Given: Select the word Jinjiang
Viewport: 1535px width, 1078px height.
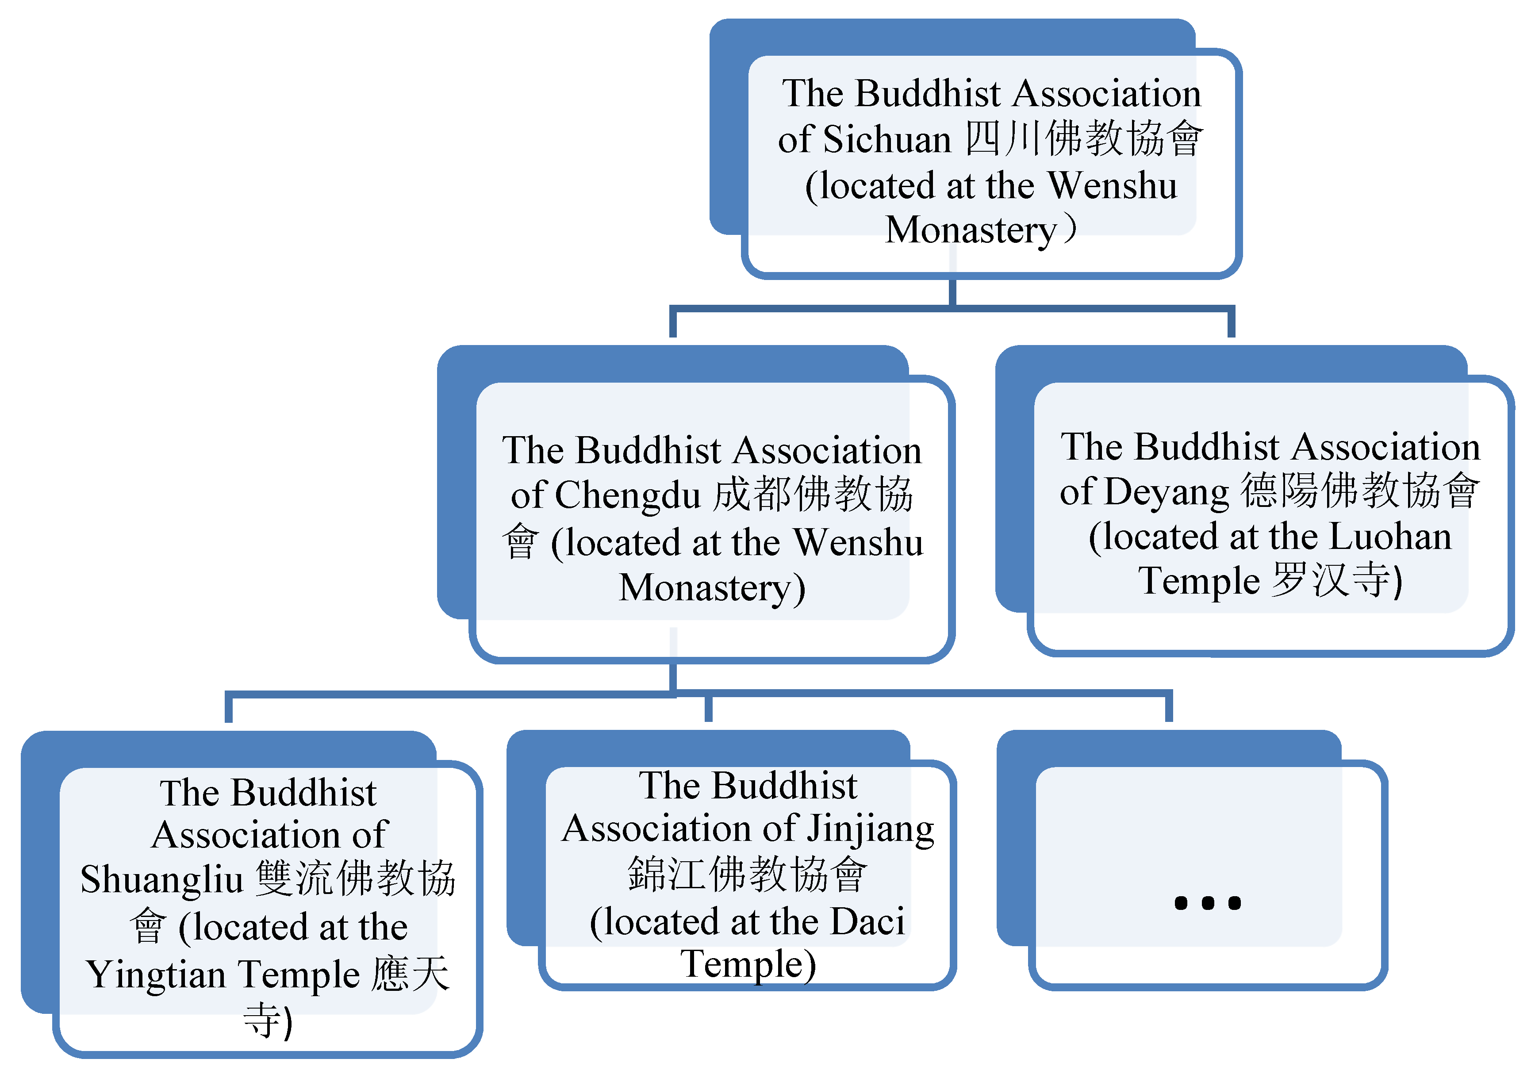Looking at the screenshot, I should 870,829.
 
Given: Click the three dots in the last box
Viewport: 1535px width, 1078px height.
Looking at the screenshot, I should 1207,903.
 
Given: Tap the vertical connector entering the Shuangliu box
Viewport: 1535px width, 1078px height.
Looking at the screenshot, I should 229,709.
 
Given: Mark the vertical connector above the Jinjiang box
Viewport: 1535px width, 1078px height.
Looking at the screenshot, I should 709,709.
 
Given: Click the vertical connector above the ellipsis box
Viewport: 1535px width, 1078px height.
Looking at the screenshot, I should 1169,709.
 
